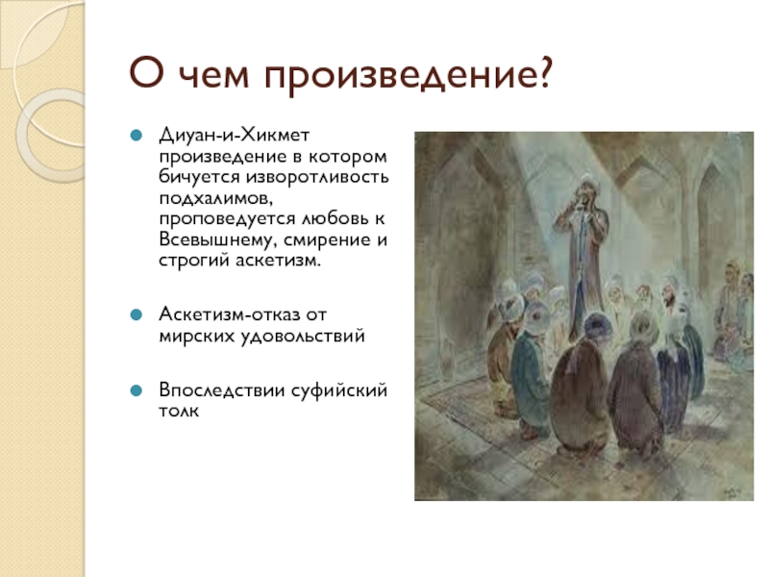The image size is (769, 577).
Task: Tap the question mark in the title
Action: point(544,73)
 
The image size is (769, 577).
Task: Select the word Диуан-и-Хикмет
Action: point(234,135)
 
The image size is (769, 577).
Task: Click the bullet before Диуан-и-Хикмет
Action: point(136,135)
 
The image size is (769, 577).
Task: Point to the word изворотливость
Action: point(317,176)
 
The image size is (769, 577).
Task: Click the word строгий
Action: point(194,261)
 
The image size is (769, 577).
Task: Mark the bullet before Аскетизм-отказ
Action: point(136,314)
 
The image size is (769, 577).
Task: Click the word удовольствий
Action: point(303,336)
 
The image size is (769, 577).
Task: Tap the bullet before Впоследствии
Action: point(136,390)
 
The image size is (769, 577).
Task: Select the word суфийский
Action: point(339,390)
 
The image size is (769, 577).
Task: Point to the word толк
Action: point(179,411)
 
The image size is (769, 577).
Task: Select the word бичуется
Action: point(200,177)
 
